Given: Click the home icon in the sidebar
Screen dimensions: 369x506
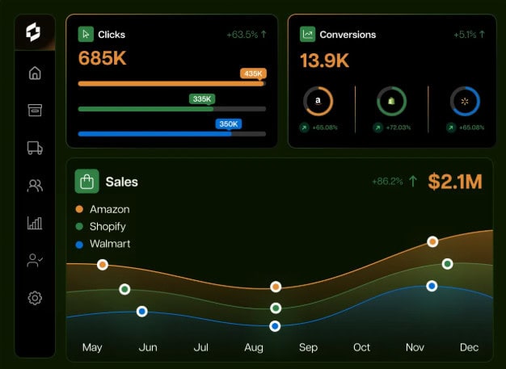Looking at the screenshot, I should pyautogui.click(x=35, y=73).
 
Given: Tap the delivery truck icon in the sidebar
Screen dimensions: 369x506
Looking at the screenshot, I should pyautogui.click(x=35, y=148).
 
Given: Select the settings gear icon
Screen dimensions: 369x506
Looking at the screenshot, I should pyautogui.click(x=35, y=298).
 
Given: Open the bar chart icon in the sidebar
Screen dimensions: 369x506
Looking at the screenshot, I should pyautogui.click(x=35, y=223).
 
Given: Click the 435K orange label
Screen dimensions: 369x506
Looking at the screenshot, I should pyautogui.click(x=253, y=73).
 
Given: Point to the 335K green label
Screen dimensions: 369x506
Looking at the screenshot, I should pyautogui.click(x=201, y=99).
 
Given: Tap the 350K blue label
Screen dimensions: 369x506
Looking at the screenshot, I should pyautogui.click(x=229, y=124).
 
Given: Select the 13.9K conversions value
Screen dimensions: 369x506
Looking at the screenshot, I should pyautogui.click(x=324, y=61).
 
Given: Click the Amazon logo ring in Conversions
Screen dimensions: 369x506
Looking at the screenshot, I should pyautogui.click(x=318, y=101).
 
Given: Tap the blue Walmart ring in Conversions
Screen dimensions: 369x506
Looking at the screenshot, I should pyautogui.click(x=465, y=101).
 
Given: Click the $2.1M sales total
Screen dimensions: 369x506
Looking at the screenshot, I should pyautogui.click(x=455, y=182).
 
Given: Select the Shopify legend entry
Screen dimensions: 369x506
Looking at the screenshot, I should pyautogui.click(x=108, y=227).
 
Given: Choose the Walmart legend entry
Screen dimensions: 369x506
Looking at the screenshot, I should pyautogui.click(x=109, y=244).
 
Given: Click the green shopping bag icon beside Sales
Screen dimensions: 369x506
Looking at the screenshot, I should pyautogui.click(x=86, y=181).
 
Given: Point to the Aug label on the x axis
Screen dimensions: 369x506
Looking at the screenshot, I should pyautogui.click(x=254, y=347).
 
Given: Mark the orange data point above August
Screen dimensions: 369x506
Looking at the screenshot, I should pyautogui.click(x=276, y=287).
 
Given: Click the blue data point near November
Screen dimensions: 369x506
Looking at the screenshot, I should pyautogui.click(x=432, y=286).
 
